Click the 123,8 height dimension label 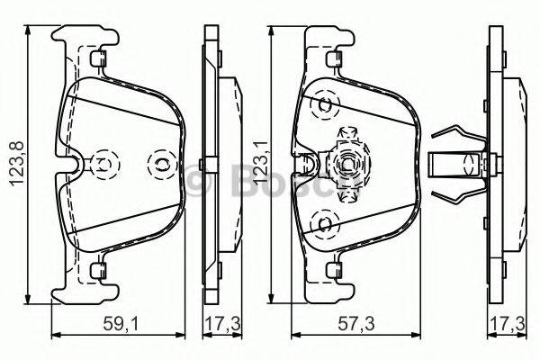13,163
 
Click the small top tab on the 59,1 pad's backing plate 96,58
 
